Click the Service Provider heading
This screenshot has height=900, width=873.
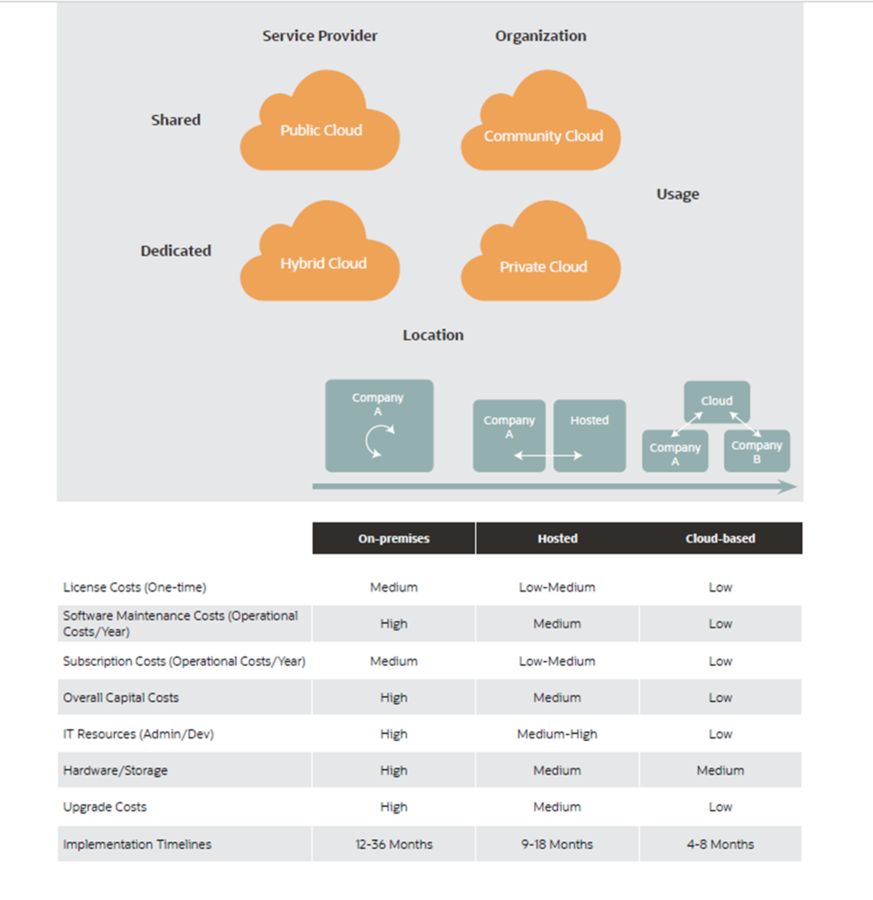point(320,35)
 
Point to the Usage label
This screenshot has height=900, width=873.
point(678,194)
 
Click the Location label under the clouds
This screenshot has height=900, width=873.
point(433,335)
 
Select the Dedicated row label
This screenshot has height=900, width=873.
point(176,250)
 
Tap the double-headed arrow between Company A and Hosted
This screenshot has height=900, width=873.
point(548,456)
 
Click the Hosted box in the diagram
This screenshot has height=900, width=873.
point(589,436)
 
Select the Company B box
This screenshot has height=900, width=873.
point(757,451)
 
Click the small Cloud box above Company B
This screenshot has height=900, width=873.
point(717,401)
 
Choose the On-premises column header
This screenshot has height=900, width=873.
point(394,539)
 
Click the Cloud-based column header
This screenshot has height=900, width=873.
point(720,539)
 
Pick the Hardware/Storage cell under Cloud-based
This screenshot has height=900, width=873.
point(720,770)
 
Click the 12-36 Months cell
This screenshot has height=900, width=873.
point(394,845)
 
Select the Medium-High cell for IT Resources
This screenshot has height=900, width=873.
point(557,734)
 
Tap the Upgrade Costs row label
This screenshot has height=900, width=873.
point(105,807)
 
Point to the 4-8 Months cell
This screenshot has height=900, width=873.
point(720,845)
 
